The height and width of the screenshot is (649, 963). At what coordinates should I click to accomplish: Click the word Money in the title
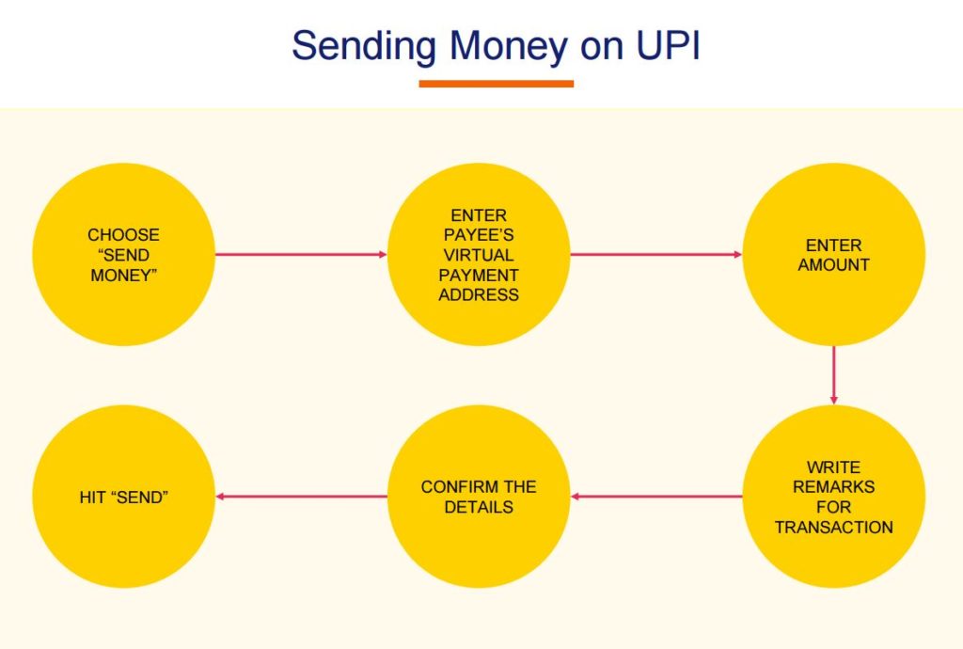coord(508,46)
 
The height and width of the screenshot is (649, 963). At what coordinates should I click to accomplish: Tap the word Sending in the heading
coord(364,46)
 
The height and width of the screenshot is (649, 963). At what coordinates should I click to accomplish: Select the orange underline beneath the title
coord(496,84)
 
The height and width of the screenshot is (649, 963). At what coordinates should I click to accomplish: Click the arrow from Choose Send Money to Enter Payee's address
coord(301,254)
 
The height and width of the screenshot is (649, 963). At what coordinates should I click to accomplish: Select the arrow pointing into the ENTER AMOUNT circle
coord(656,254)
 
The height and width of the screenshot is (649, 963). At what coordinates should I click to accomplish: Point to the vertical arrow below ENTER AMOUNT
coord(834,375)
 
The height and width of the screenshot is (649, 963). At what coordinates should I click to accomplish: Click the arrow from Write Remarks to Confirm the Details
coord(656,497)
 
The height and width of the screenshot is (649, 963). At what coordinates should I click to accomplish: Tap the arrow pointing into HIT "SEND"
coord(301,497)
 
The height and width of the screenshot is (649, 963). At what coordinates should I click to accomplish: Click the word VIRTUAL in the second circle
coord(479,255)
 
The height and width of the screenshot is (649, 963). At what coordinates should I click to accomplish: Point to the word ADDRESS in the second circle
coord(479,294)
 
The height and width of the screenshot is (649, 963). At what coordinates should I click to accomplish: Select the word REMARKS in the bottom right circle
coord(834,487)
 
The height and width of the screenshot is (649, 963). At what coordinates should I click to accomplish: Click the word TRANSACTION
coord(834,527)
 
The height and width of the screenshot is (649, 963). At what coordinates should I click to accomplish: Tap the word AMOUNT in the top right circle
coord(834,265)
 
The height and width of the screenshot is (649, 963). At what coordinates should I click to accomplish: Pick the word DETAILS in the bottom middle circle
coord(479,507)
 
